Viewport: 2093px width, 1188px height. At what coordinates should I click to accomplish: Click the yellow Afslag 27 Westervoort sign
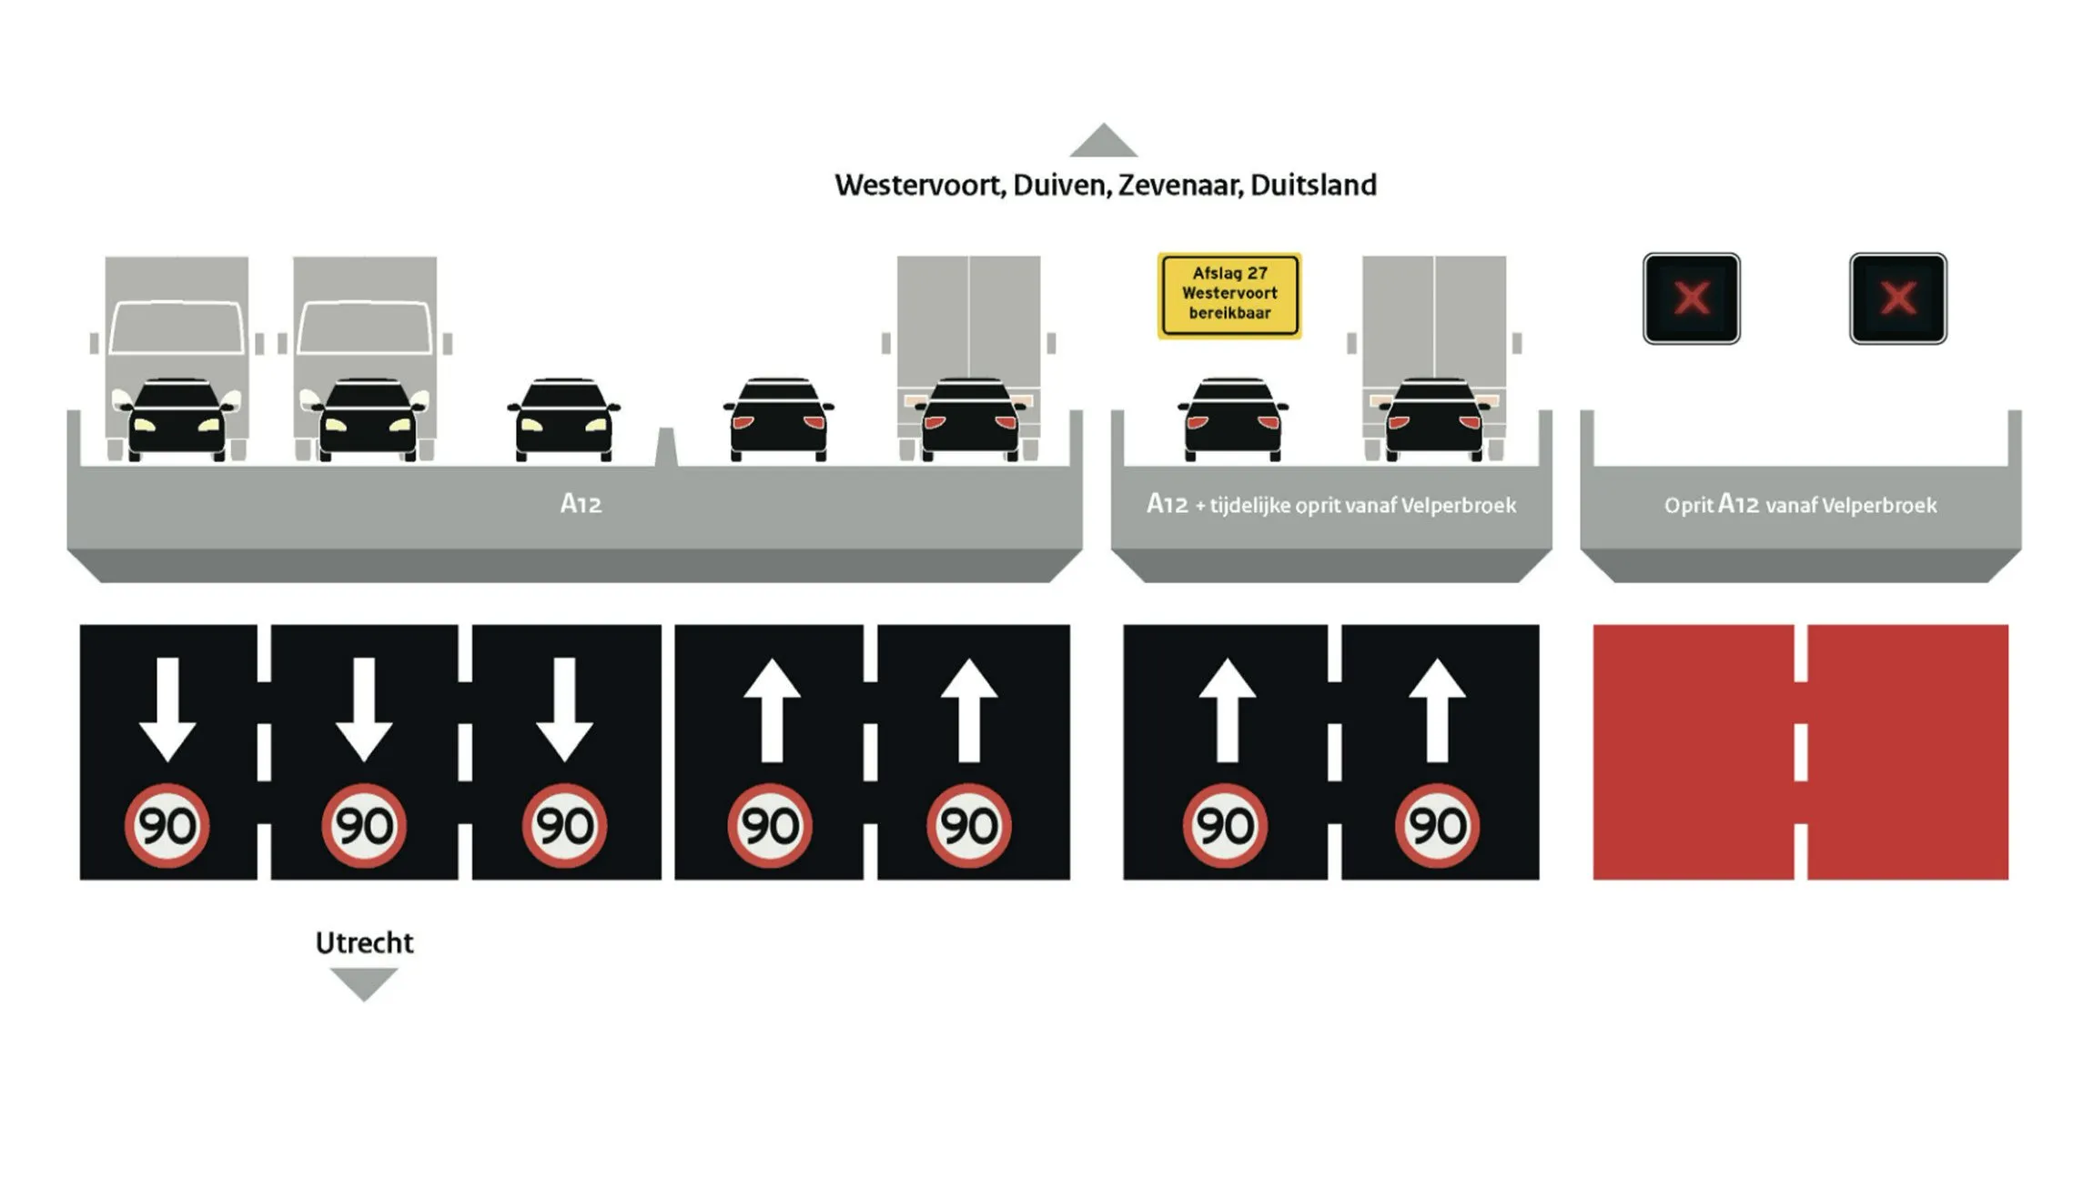click(1228, 295)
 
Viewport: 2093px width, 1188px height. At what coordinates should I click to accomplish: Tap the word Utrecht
click(364, 942)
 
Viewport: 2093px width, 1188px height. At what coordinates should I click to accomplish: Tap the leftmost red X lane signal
click(1691, 298)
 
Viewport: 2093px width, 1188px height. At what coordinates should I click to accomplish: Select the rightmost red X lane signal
click(1897, 298)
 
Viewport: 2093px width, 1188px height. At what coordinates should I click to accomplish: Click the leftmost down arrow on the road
click(167, 710)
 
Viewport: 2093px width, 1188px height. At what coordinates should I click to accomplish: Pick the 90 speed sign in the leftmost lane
click(167, 826)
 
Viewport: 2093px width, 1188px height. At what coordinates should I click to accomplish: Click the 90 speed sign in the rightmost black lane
click(1437, 826)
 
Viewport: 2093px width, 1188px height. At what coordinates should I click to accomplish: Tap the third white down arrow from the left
click(564, 710)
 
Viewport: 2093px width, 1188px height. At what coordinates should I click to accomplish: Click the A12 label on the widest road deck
click(581, 504)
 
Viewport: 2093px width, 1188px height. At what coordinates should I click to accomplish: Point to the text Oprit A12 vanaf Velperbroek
click(1800, 505)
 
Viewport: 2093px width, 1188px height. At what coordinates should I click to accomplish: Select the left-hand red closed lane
click(1693, 751)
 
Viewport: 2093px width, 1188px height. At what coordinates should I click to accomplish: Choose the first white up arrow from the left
click(772, 710)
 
